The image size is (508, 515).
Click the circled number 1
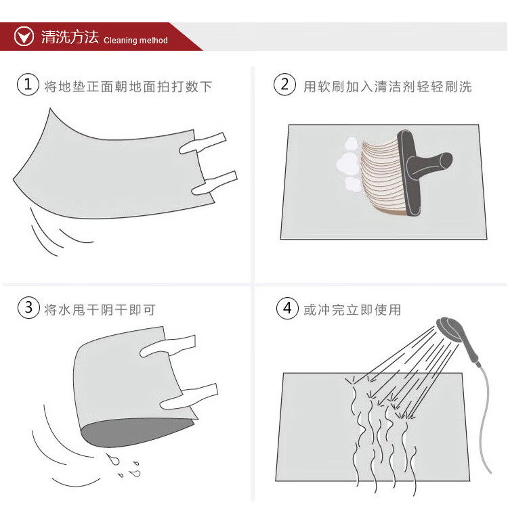coord(28,85)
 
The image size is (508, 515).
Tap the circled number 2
coord(284,85)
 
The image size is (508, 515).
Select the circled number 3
coord(28,308)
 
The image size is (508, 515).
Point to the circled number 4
coord(287,308)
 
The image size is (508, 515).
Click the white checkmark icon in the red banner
coord(24,37)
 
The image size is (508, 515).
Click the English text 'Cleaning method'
coord(135,41)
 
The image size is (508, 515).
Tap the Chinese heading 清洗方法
coord(70,37)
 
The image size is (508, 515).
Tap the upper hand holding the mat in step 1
coord(203,143)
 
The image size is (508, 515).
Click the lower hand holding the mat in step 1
coord(215,183)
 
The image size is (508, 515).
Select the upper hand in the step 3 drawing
coord(168,346)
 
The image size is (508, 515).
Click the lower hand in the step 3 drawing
coord(189,396)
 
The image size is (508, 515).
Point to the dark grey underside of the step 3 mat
coord(135,432)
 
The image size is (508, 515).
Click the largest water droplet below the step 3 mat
coord(113,459)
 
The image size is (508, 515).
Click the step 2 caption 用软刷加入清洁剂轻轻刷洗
coord(387,87)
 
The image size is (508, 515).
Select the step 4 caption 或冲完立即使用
coord(352,310)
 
